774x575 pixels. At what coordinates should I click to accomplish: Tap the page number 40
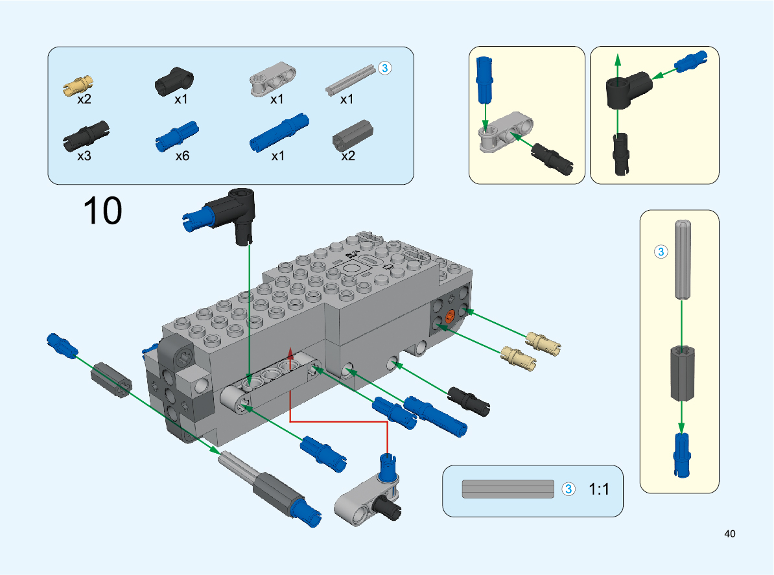tap(730, 534)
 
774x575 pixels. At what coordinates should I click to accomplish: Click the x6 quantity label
tap(182, 156)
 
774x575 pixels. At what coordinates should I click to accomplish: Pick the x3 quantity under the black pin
tap(84, 156)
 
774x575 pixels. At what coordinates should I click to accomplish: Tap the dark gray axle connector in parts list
tap(350, 134)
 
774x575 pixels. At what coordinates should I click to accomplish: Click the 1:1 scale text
tap(600, 489)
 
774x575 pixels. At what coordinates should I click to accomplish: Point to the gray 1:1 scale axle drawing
tap(508, 489)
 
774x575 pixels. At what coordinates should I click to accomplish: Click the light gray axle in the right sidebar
tap(681, 259)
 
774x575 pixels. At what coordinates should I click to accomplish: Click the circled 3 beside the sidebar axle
tap(661, 252)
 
